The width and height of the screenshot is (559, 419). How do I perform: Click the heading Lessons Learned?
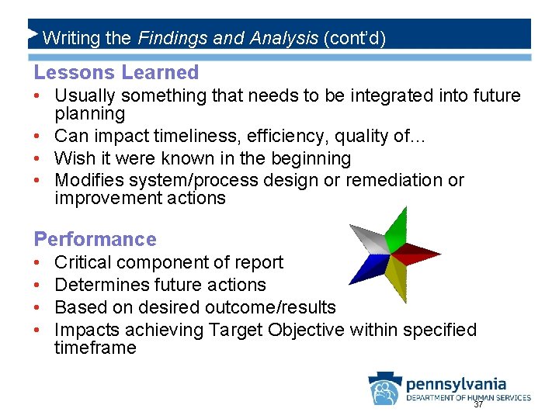coord(116,73)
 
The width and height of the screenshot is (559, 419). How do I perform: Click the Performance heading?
coord(95,239)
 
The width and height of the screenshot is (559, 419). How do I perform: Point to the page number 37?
coord(478,405)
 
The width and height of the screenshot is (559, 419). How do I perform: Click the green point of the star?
coord(398,228)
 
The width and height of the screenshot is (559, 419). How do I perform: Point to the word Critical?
coord(82,262)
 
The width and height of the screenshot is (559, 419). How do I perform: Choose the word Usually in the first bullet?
coord(84,96)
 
